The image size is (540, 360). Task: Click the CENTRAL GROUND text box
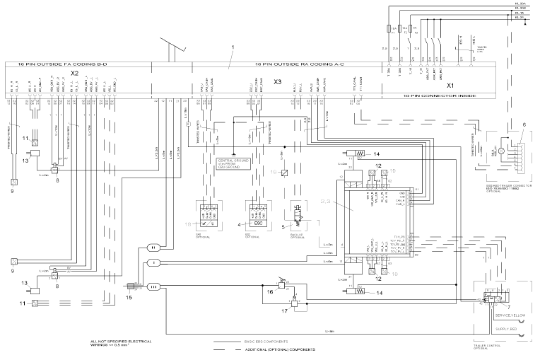pos(234,166)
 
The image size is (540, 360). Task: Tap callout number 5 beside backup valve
pos(283,227)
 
